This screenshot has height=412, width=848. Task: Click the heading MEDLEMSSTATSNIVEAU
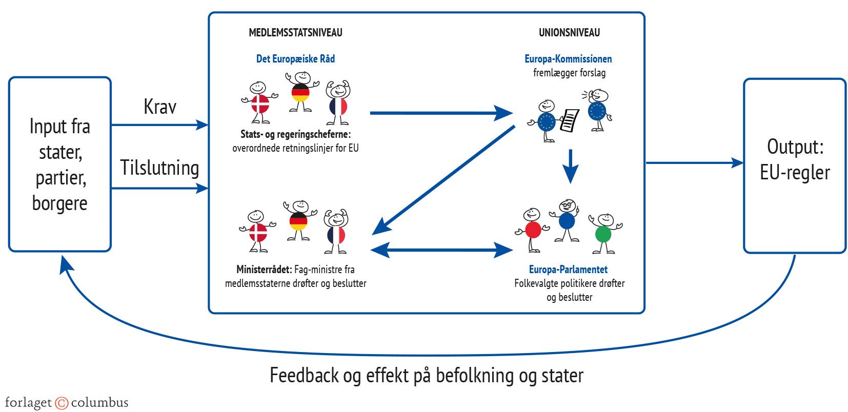tap(295, 33)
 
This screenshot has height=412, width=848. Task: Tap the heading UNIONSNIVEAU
tap(569, 33)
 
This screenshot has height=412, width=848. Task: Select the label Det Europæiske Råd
tap(295, 59)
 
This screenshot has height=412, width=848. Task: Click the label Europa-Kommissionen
tap(568, 59)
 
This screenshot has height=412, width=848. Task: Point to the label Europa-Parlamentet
tap(568, 270)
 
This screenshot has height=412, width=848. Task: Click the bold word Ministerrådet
tap(264, 270)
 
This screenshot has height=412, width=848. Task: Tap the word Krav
tap(160, 107)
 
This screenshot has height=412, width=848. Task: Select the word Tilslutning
tap(159, 168)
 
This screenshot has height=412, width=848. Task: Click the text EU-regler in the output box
tap(795, 173)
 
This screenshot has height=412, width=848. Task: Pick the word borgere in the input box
tap(59, 203)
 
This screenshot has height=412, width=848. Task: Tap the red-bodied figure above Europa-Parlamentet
tap(532, 230)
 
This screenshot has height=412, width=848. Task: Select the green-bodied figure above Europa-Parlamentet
tap(604, 233)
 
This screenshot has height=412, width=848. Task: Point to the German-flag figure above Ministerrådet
tap(298, 221)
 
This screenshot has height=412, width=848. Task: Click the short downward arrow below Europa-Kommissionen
tap(570, 167)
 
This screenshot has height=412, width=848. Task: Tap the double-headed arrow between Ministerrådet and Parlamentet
tap(441, 250)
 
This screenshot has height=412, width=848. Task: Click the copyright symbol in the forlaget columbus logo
tap(62, 403)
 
